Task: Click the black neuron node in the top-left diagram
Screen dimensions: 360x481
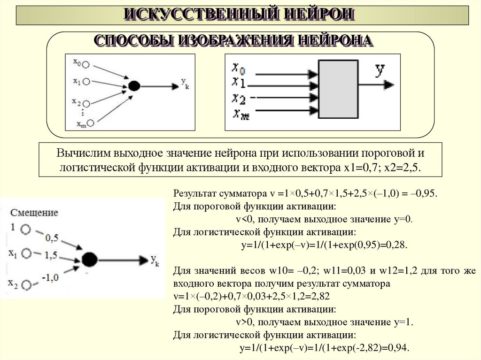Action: (134, 86)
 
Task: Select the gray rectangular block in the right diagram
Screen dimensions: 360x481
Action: (339, 89)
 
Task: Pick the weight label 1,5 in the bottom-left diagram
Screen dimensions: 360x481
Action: (51, 255)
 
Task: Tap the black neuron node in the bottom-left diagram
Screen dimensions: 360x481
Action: (89, 259)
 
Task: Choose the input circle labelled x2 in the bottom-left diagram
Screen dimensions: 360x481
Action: (27, 284)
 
